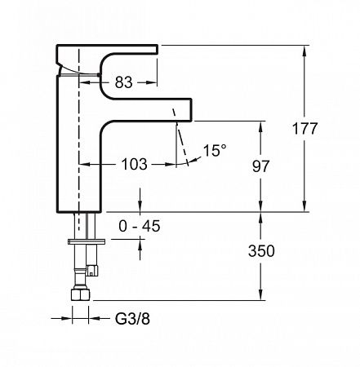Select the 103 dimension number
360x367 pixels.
coord(133,164)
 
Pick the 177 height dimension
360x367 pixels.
coord(327,128)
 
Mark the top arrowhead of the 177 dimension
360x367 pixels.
coord(305,49)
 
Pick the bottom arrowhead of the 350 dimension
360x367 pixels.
coord(262,296)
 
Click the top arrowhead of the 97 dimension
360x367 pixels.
coord(262,124)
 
